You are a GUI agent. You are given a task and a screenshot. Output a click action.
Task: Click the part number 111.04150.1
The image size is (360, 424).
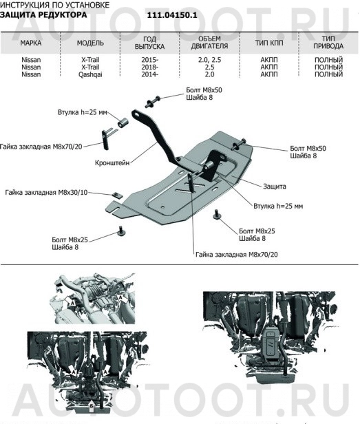coord(172,14)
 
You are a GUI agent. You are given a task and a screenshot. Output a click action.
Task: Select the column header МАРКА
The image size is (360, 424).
coord(30,43)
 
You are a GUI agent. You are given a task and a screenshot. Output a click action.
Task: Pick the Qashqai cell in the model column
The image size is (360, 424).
coord(90,74)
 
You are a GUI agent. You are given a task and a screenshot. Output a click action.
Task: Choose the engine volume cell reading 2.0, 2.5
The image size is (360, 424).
coord(208,61)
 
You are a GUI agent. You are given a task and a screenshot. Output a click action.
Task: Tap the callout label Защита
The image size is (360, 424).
coord(273,186)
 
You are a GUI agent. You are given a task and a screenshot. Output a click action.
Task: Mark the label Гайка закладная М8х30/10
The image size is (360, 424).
coord(45,193)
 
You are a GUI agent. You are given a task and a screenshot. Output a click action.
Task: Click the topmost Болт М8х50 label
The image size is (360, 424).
coord(204,90)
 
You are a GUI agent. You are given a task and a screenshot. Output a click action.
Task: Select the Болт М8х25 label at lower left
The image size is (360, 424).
coord(70,241)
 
